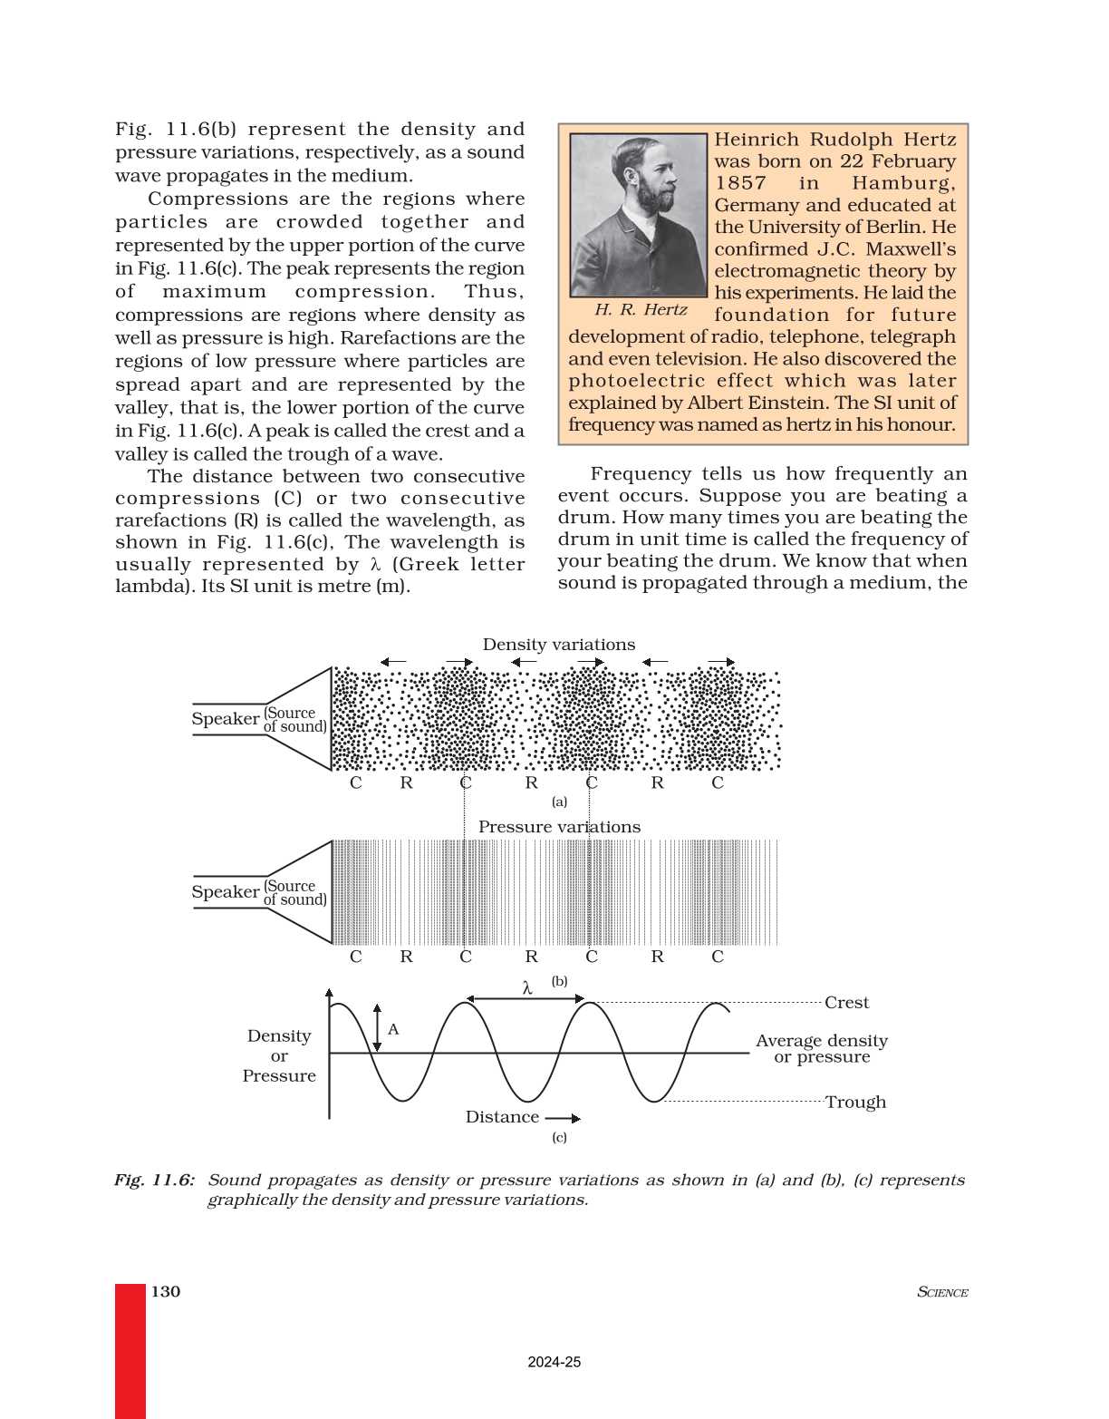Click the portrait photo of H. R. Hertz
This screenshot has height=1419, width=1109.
[638, 216]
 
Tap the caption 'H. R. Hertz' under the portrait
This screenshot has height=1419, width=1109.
[641, 310]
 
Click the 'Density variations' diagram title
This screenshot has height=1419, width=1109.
[558, 645]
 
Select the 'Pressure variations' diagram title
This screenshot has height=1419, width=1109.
[559, 827]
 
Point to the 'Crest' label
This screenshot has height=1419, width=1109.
[846, 1003]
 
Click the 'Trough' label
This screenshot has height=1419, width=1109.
[855, 1103]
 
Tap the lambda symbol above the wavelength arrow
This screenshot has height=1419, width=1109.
[527, 988]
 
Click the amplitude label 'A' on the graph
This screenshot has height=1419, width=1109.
[393, 1029]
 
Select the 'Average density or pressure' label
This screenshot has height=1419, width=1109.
[822, 1049]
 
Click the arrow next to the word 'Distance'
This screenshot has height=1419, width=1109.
[563, 1118]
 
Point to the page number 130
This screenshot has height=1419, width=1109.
[166, 1291]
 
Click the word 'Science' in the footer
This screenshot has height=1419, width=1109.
[942, 1292]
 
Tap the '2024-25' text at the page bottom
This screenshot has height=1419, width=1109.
[554, 1362]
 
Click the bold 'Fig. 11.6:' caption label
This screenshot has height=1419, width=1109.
[154, 1180]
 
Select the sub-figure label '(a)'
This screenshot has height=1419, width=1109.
[559, 802]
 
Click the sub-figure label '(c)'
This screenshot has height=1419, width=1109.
[559, 1137]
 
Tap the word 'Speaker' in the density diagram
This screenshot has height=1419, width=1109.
[225, 719]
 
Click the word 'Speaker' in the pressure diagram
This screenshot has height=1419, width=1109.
[225, 892]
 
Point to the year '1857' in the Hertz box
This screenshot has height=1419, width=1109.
[740, 183]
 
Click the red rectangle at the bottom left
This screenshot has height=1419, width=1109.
[130, 1350]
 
